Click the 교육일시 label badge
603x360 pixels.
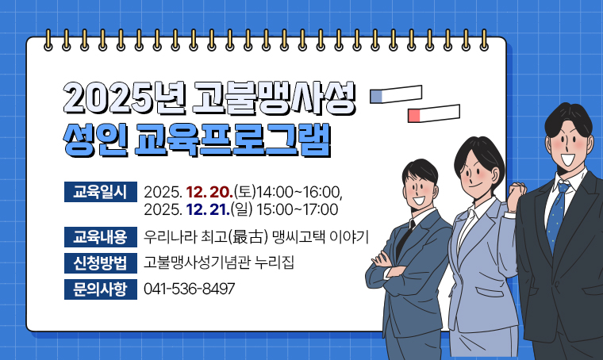(100, 192)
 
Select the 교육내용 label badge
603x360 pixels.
(100, 236)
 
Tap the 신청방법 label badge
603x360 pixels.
(100, 262)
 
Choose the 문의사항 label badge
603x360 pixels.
(100, 289)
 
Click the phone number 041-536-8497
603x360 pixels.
(190, 289)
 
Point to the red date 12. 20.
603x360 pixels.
(209, 193)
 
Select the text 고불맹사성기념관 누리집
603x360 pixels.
(219, 262)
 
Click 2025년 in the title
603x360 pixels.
(122, 98)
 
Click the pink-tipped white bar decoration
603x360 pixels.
(433, 114)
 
